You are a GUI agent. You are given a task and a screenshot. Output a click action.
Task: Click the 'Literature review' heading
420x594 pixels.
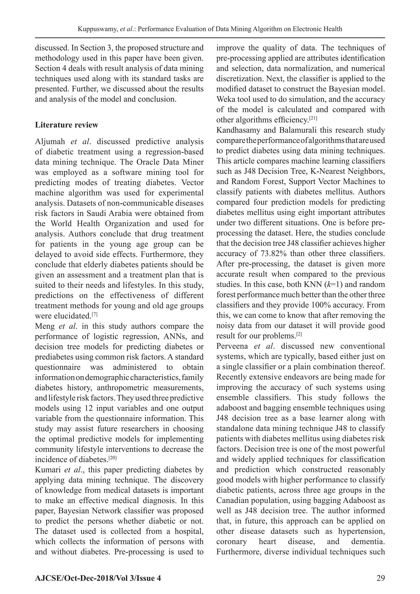click(x=66, y=125)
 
